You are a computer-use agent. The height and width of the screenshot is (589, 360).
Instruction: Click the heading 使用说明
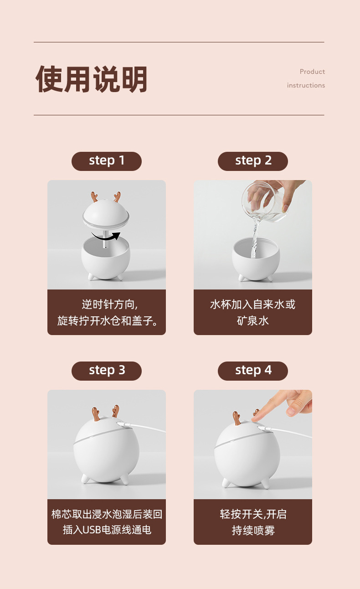[x=92, y=79]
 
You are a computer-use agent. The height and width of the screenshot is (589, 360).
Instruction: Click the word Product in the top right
[x=312, y=72]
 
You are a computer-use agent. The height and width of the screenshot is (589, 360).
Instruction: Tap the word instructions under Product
[x=306, y=85]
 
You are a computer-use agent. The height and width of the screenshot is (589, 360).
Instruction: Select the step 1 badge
[x=107, y=161]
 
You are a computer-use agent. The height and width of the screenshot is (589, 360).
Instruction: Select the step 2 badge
[x=253, y=161]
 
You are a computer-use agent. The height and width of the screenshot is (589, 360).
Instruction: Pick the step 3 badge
[x=107, y=371]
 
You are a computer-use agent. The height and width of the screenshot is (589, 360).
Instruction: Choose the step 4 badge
[x=253, y=371]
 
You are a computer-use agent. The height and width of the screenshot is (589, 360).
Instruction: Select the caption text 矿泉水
[x=253, y=320]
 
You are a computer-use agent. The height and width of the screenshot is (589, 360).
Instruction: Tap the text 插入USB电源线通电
[x=107, y=530]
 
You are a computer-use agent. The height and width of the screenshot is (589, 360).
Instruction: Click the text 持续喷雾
[x=253, y=530]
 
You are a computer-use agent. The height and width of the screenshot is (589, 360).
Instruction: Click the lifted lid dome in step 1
[x=106, y=214]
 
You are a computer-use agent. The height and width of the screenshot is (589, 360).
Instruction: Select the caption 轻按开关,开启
[x=253, y=514]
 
